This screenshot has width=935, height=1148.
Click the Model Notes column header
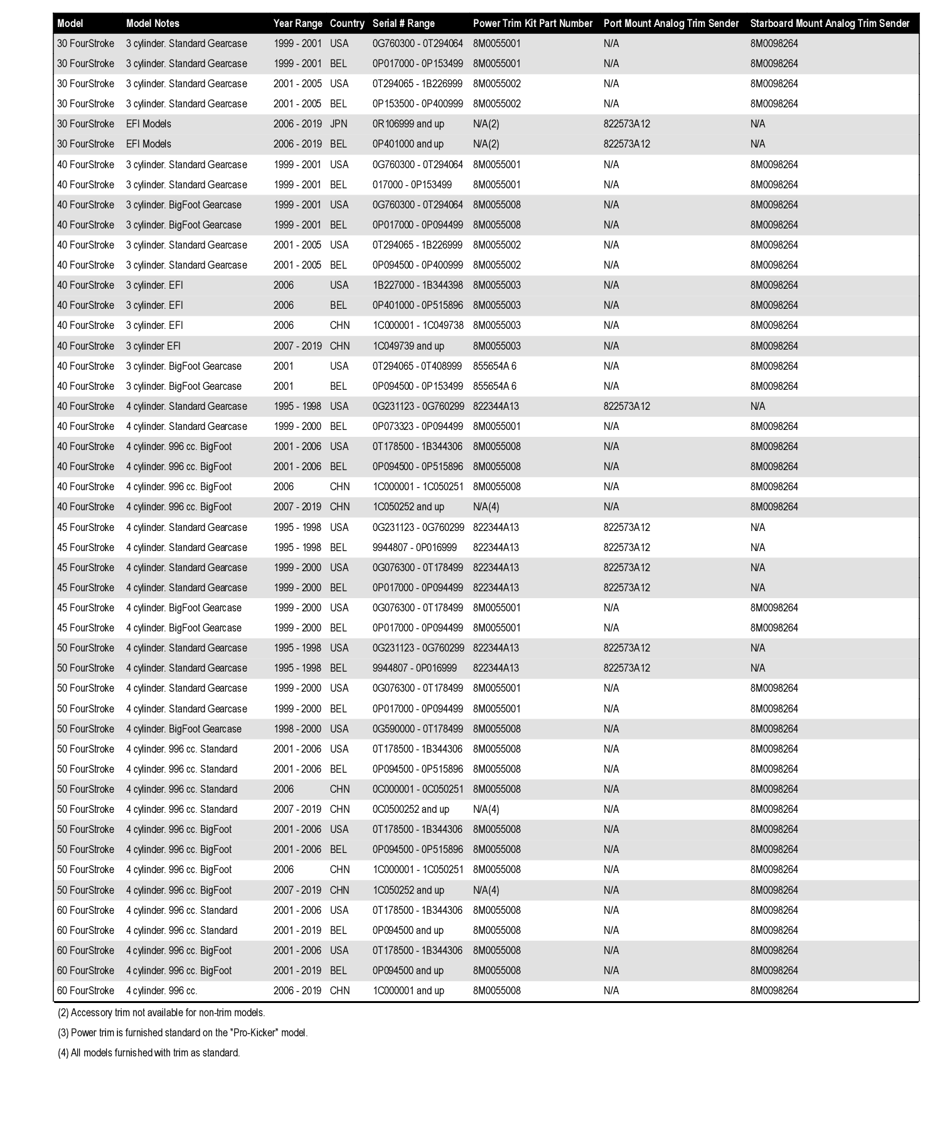click(152, 23)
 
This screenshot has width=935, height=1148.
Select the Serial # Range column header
click(403, 23)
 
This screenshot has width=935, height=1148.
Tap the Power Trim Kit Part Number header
click(532, 23)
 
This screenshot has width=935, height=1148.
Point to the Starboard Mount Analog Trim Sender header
click(829, 23)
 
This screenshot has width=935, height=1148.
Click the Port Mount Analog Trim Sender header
click(671, 23)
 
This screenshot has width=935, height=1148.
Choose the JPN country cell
click(338, 124)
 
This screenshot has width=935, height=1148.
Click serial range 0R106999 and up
click(408, 124)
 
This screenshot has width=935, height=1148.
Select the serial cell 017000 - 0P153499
click(412, 185)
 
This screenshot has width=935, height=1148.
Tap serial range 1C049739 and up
click(408, 346)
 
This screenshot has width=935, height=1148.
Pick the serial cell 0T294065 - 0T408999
click(417, 366)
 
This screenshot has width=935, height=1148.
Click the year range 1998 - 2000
click(297, 729)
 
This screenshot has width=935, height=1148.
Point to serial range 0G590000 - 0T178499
click(417, 729)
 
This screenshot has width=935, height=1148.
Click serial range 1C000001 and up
click(408, 990)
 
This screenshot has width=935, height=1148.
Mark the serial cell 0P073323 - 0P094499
click(417, 426)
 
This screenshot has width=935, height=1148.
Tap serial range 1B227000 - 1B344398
click(417, 285)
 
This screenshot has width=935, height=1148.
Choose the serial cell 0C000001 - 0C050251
click(417, 789)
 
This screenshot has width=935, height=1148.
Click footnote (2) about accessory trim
click(161, 1012)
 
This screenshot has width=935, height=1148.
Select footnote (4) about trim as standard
click(149, 1053)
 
